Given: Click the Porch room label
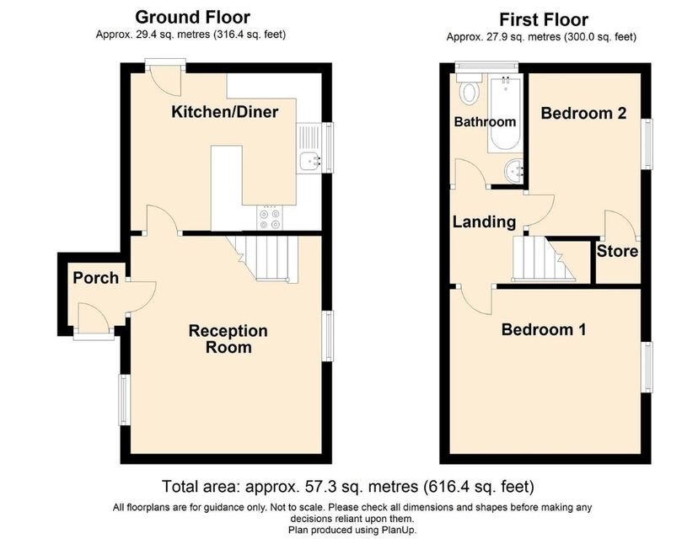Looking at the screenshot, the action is [96, 278].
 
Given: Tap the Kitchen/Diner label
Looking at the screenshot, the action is [225, 112].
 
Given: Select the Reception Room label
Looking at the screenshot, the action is [228, 339].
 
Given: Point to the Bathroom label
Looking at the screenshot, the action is [485, 121].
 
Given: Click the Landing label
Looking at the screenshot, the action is [485, 221].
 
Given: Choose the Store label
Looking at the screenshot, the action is [617, 251].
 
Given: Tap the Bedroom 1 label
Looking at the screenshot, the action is [544, 329].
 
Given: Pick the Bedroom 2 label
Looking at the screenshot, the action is [583, 114].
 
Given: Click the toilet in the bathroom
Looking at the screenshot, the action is [470, 90].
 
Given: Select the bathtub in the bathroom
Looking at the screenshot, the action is [506, 114].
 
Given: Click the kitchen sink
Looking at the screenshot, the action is [309, 147].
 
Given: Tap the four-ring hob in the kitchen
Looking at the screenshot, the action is [270, 218].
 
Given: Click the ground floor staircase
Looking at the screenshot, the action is [263, 259].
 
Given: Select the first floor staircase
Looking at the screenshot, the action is [544, 259].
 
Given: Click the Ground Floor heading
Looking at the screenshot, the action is [192, 18].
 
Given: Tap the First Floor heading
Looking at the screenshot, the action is [544, 20].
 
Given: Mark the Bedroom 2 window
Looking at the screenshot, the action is [647, 144].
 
